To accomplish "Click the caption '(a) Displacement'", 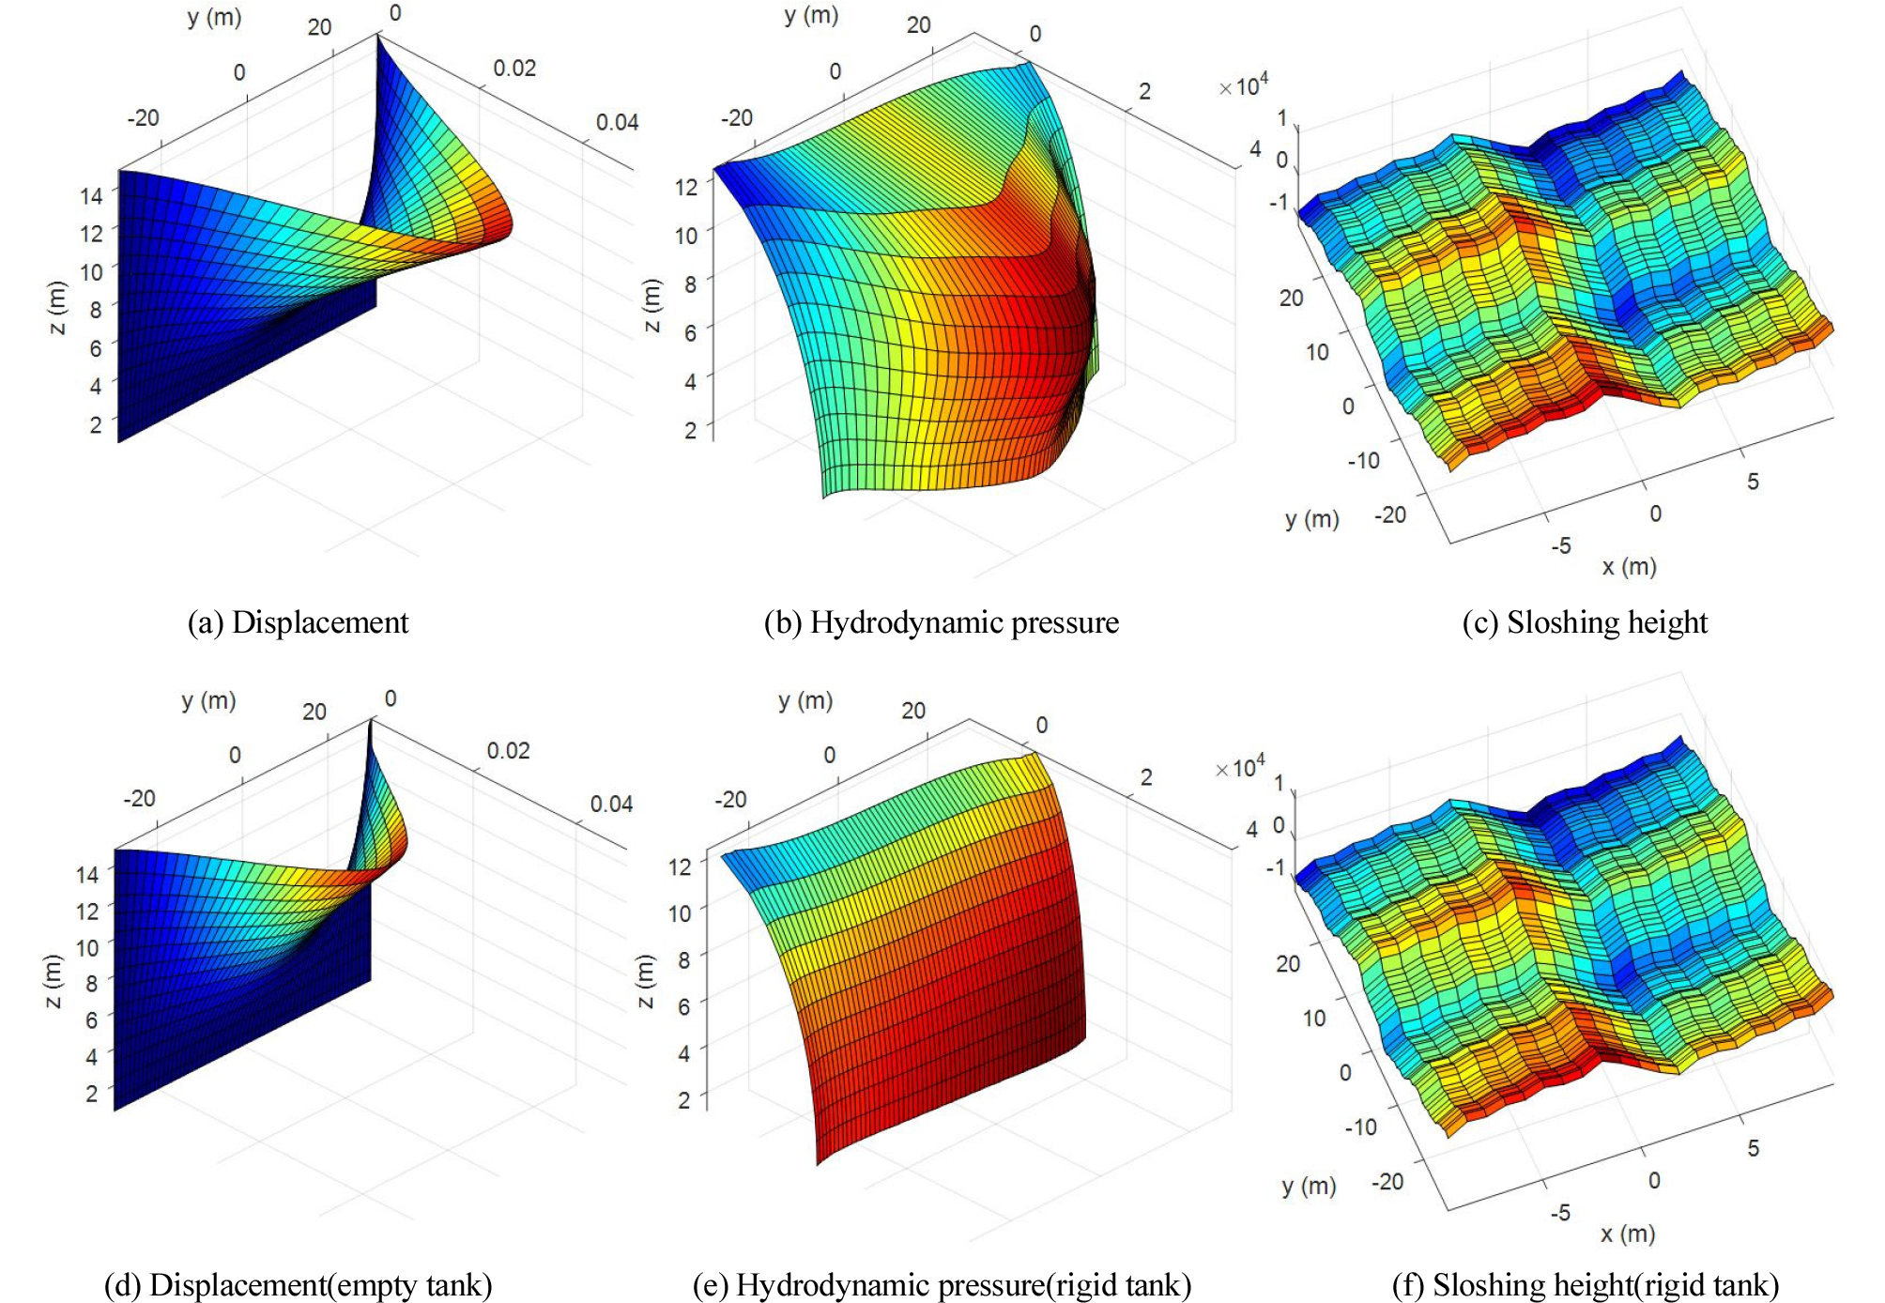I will [x=298, y=622].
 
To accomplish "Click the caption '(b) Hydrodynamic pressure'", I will [x=941, y=622].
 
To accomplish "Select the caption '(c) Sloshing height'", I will [x=1585, y=622].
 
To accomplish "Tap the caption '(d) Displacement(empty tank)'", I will [x=298, y=1284].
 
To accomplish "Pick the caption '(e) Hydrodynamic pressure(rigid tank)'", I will [x=942, y=1284].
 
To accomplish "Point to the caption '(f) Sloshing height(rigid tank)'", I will [x=1585, y=1284].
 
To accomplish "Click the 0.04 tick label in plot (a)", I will [x=617, y=122].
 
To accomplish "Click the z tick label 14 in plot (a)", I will [x=90, y=195].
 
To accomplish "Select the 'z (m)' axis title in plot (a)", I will [x=58, y=308].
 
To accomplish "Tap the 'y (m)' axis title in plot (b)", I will [x=811, y=15].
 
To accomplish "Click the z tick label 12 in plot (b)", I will [x=686, y=187].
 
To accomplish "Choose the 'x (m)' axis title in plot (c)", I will [x=1629, y=566].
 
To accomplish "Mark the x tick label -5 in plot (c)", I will [x=1560, y=545].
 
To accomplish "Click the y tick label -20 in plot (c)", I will [x=1390, y=514].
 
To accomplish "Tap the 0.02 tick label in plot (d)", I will [x=508, y=751].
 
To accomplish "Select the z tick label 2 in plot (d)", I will [x=91, y=1093].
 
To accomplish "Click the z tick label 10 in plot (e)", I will [x=680, y=912].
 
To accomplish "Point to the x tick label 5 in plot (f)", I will [x=1753, y=1148].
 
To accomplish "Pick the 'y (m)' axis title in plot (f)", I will [x=1309, y=1186].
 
